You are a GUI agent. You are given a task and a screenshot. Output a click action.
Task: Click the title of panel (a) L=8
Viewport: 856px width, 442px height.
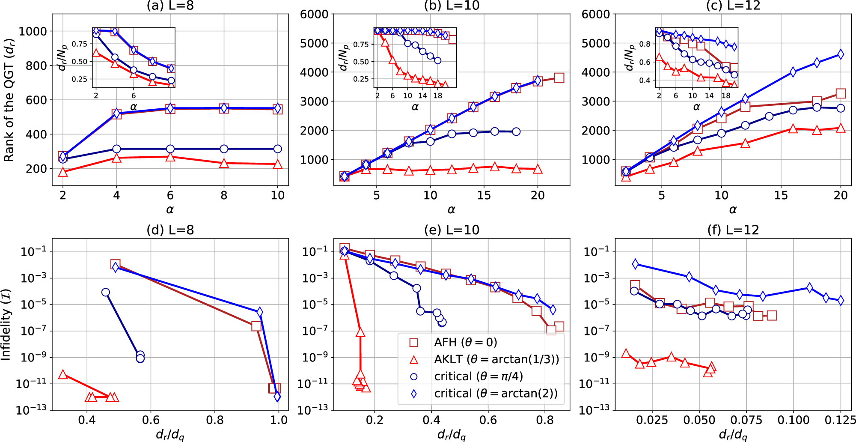[x=170, y=6]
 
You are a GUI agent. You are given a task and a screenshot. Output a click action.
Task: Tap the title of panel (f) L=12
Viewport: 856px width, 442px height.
[x=733, y=230]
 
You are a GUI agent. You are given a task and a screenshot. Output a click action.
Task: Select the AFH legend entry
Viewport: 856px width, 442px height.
[x=465, y=342]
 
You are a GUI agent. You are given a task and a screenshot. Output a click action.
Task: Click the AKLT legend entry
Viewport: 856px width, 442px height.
[x=496, y=359]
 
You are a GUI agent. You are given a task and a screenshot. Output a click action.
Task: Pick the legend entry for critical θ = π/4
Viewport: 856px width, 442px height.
[x=478, y=376]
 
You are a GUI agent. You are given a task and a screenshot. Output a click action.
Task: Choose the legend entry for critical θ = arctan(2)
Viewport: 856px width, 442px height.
[x=496, y=394]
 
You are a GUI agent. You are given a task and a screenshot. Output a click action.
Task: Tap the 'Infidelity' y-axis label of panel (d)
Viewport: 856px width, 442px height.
[x=6, y=324]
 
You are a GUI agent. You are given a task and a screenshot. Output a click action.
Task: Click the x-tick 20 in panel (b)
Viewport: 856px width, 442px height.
[x=538, y=196]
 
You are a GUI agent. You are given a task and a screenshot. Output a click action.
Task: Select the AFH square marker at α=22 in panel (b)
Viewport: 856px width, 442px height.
[x=559, y=78]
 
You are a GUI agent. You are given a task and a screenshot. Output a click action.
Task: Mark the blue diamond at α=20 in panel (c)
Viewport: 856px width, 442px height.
[x=841, y=54]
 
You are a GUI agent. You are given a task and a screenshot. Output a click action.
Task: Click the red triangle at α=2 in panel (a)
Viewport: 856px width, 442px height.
[x=63, y=172]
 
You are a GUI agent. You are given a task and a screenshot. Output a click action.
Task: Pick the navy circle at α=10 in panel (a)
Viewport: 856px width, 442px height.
[x=277, y=149]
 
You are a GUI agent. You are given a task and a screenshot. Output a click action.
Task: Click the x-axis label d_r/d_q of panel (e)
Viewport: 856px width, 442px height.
[x=452, y=435]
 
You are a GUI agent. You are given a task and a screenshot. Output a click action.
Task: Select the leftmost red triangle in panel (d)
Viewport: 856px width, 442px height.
[x=63, y=374]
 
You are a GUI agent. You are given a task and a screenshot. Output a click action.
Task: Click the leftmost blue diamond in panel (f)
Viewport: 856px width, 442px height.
[x=636, y=264]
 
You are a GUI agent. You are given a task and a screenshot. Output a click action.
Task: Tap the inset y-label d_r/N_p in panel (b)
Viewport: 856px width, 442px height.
[x=342, y=57]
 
